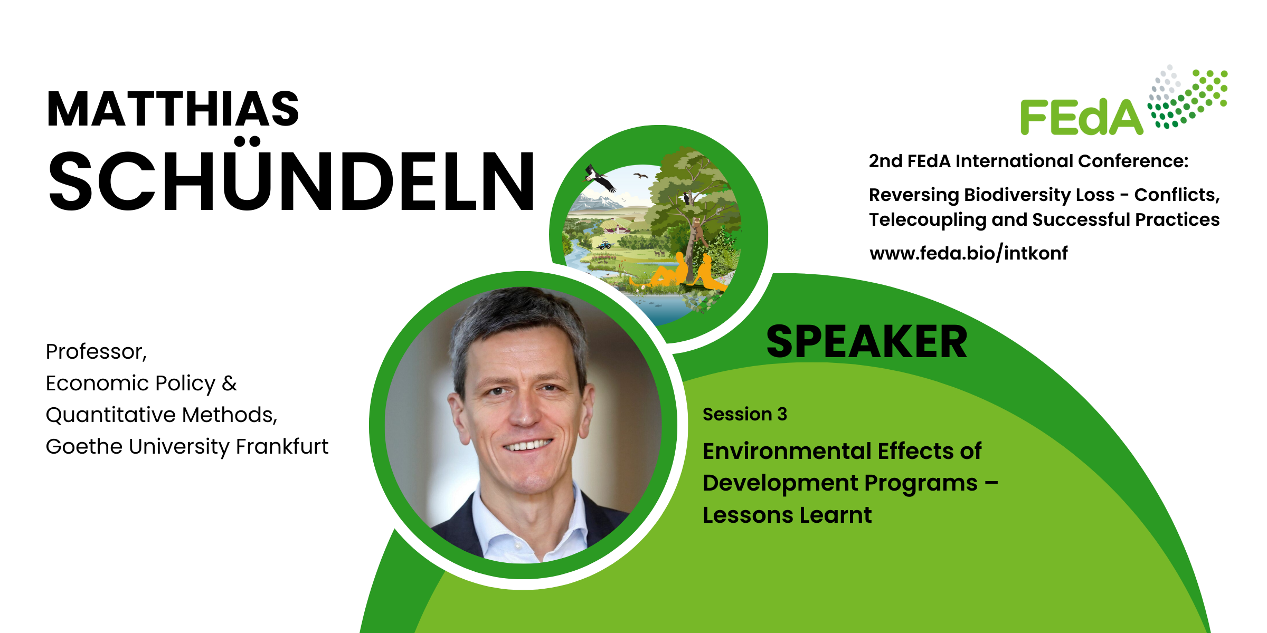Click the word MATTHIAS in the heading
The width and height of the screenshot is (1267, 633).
(x=173, y=109)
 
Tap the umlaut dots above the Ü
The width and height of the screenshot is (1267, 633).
(x=248, y=141)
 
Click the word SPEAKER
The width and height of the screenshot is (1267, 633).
(x=866, y=342)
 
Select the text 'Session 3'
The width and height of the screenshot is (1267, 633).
(x=744, y=414)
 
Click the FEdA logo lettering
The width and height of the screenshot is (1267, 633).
(x=1082, y=117)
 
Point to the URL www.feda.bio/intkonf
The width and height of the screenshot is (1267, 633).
(x=968, y=253)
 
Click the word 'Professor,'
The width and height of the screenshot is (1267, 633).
(x=96, y=352)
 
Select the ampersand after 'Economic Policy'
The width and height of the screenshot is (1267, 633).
(x=229, y=383)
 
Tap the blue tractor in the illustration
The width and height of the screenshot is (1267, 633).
(x=604, y=245)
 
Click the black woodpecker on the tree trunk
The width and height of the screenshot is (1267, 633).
(x=687, y=198)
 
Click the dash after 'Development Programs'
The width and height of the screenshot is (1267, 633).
(x=991, y=483)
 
